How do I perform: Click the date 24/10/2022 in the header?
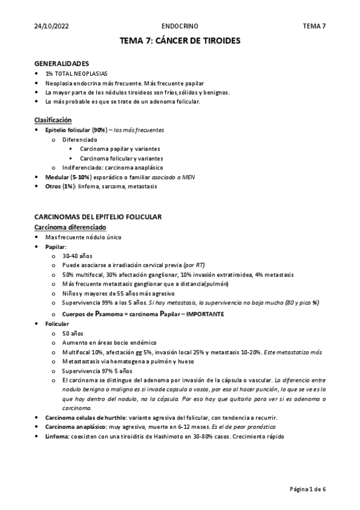tap(52, 26)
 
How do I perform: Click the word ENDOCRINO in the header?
tap(180, 26)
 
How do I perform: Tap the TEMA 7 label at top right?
tap(314, 26)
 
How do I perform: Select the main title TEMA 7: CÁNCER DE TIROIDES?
tap(180, 41)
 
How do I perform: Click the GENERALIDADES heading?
tap(63, 63)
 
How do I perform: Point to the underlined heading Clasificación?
tap(53, 120)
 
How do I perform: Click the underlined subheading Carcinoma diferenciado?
tap(70, 227)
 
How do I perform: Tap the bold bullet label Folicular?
tap(57, 324)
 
